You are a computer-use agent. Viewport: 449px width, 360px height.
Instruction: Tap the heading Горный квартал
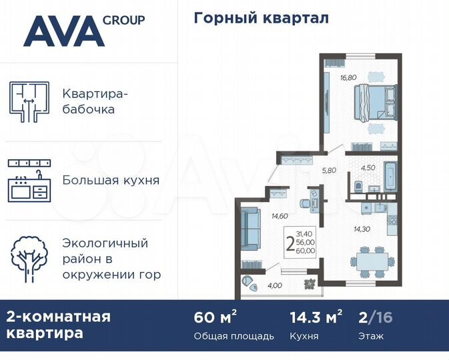261,19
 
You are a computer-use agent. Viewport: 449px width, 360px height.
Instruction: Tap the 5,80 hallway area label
329,170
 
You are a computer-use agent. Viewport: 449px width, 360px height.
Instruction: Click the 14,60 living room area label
279,215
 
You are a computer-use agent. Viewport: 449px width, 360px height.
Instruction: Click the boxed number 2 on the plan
289,242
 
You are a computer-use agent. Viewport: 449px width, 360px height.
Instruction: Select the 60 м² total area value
215,317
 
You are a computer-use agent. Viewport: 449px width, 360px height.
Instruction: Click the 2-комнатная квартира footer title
58,325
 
